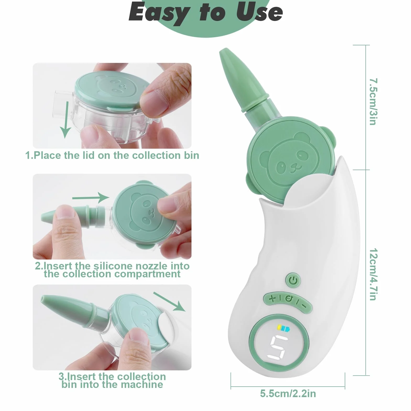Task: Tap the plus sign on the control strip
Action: coord(273,298)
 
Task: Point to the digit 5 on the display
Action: coord(278,347)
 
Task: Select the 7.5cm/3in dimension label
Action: coord(373,101)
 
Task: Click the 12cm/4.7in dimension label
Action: coord(373,274)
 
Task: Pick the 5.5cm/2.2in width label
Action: coord(288,393)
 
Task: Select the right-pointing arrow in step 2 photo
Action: coord(91,197)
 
